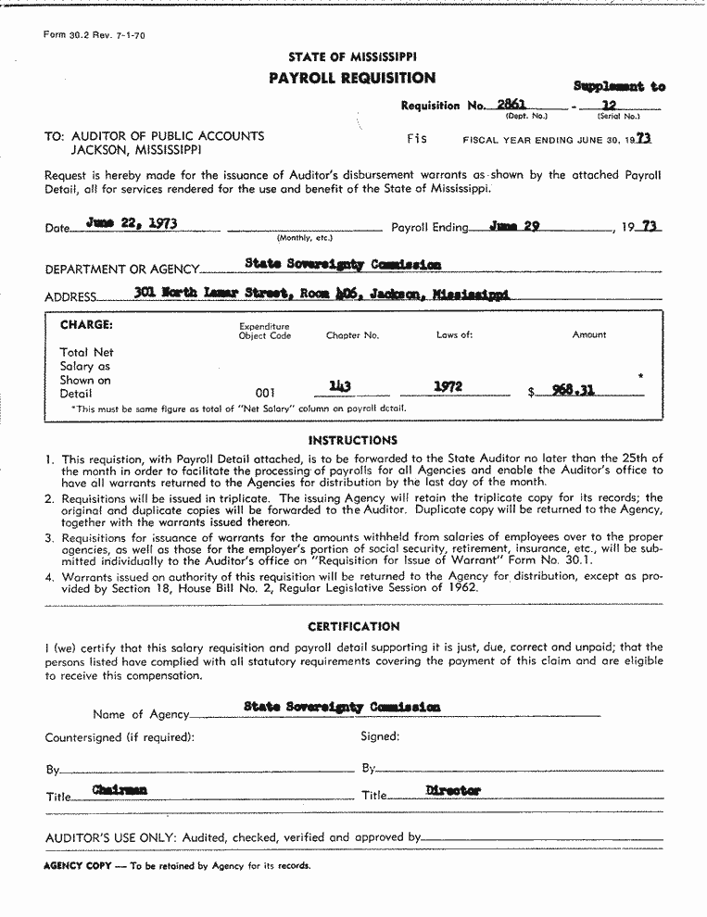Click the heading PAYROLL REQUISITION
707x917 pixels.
(352, 78)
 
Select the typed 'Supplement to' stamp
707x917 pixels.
(618, 86)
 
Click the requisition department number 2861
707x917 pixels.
(511, 105)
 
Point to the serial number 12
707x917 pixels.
(609, 106)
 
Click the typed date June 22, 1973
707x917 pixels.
(132, 223)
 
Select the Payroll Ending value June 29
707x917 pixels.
(514, 225)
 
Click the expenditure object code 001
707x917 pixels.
(265, 393)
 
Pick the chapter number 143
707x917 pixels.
(340, 387)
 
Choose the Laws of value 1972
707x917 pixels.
(448, 387)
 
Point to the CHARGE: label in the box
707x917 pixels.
(86, 325)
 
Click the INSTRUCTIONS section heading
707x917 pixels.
(352, 440)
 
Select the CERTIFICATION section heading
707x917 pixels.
(354, 626)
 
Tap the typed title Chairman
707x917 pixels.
(120, 790)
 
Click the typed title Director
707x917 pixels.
(453, 790)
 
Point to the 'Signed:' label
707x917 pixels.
(380, 736)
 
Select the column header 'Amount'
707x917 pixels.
(589, 334)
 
